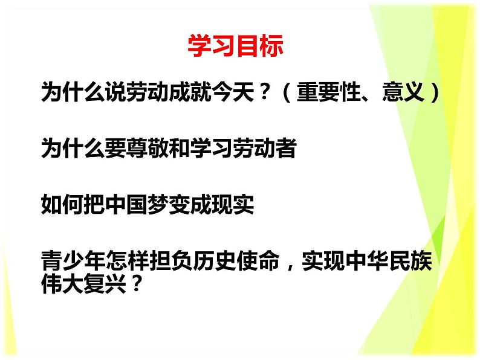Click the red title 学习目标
coord(235,47)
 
